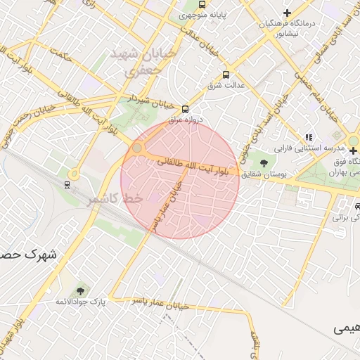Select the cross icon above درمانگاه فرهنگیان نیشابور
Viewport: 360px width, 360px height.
click(x=287, y=13)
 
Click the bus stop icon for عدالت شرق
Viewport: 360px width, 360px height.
click(x=226, y=74)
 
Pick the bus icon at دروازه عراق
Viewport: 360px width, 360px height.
click(x=185, y=109)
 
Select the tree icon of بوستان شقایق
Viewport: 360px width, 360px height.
click(x=264, y=163)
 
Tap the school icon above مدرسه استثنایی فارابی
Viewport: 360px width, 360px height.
click(x=308, y=137)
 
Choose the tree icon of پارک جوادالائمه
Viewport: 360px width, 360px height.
click(x=80, y=290)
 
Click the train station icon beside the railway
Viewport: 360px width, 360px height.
click(x=67, y=185)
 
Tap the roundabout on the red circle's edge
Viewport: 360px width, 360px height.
click(x=136, y=149)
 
